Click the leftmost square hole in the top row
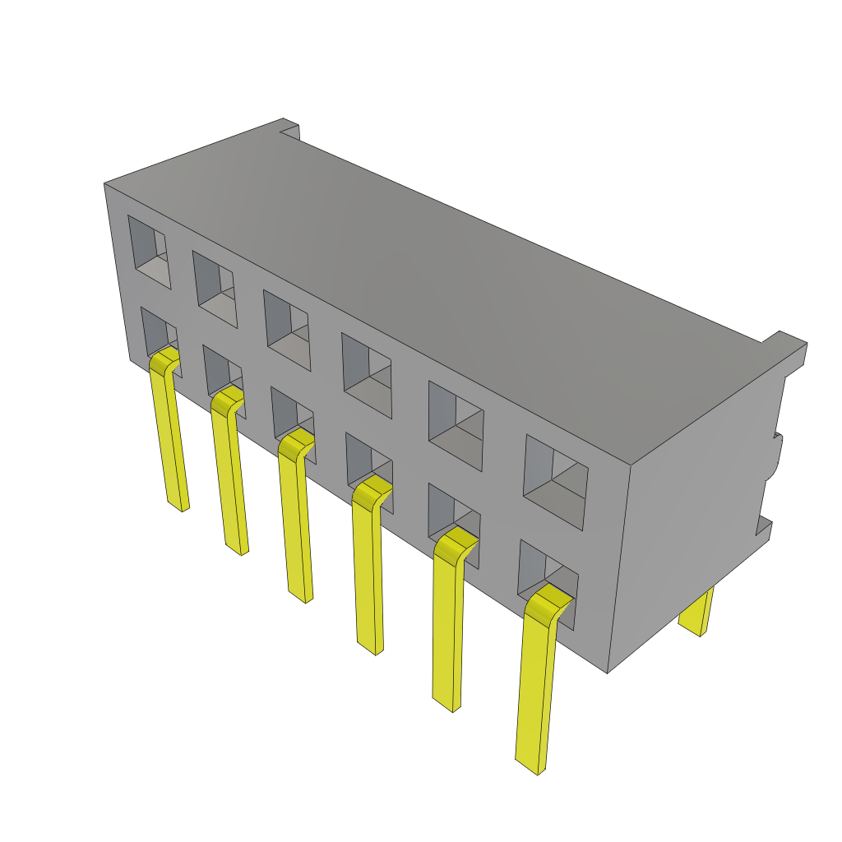150,252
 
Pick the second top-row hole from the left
215,289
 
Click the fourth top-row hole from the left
367,375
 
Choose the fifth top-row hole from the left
456,426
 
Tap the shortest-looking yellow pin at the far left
171,436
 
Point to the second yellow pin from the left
231,477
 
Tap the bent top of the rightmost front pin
548,605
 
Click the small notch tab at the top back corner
289,127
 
